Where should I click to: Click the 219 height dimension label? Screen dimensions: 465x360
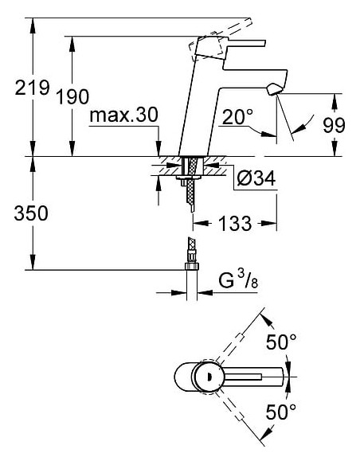(32, 88)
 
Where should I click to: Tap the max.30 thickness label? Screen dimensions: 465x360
(123, 115)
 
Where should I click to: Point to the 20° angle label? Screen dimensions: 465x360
(237, 118)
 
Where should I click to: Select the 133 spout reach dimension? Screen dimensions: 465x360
(235, 225)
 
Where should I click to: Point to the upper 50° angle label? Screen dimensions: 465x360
(280, 342)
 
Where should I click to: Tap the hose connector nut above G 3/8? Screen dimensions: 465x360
(191, 256)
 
